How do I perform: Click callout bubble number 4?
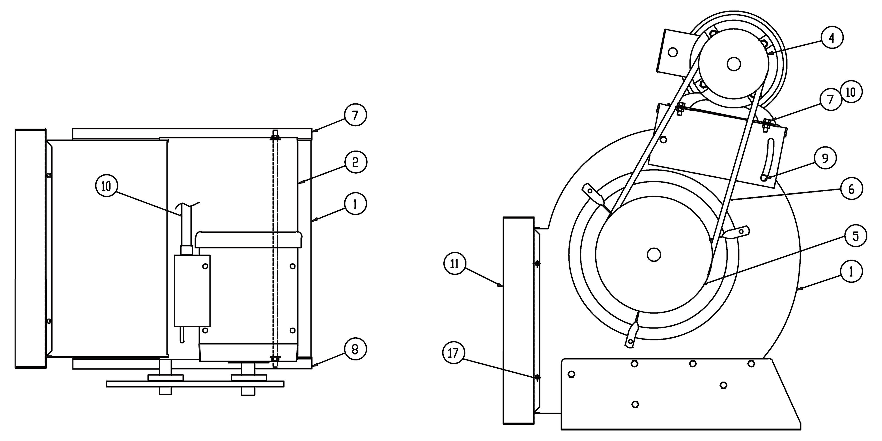coord(832,38)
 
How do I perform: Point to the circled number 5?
coord(856,236)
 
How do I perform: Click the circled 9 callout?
coord(825,158)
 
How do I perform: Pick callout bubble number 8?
coord(355,349)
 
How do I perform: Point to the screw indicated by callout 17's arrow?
coord(537,377)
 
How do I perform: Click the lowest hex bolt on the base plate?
coord(635,404)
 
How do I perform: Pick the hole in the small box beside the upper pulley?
coord(673,52)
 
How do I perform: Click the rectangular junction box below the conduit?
coord(192,290)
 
